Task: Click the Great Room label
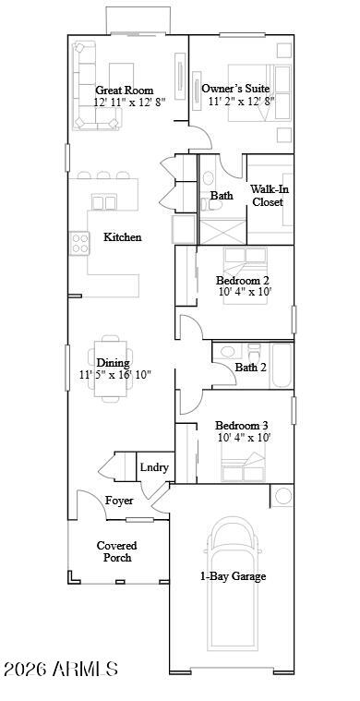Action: [125, 90]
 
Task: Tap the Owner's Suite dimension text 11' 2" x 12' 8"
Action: [241, 101]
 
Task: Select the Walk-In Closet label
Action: [269, 196]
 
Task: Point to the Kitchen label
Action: [123, 237]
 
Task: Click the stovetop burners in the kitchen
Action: [79, 244]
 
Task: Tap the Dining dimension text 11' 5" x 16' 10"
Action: [115, 375]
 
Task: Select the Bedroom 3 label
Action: [242, 425]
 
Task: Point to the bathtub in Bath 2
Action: [282, 365]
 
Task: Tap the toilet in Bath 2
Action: [255, 352]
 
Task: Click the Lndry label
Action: [154, 467]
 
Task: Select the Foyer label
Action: [119, 501]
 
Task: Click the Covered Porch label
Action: [117, 551]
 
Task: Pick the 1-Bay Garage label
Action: [233, 576]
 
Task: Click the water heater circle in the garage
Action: [282, 496]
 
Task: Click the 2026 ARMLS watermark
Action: [61, 669]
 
